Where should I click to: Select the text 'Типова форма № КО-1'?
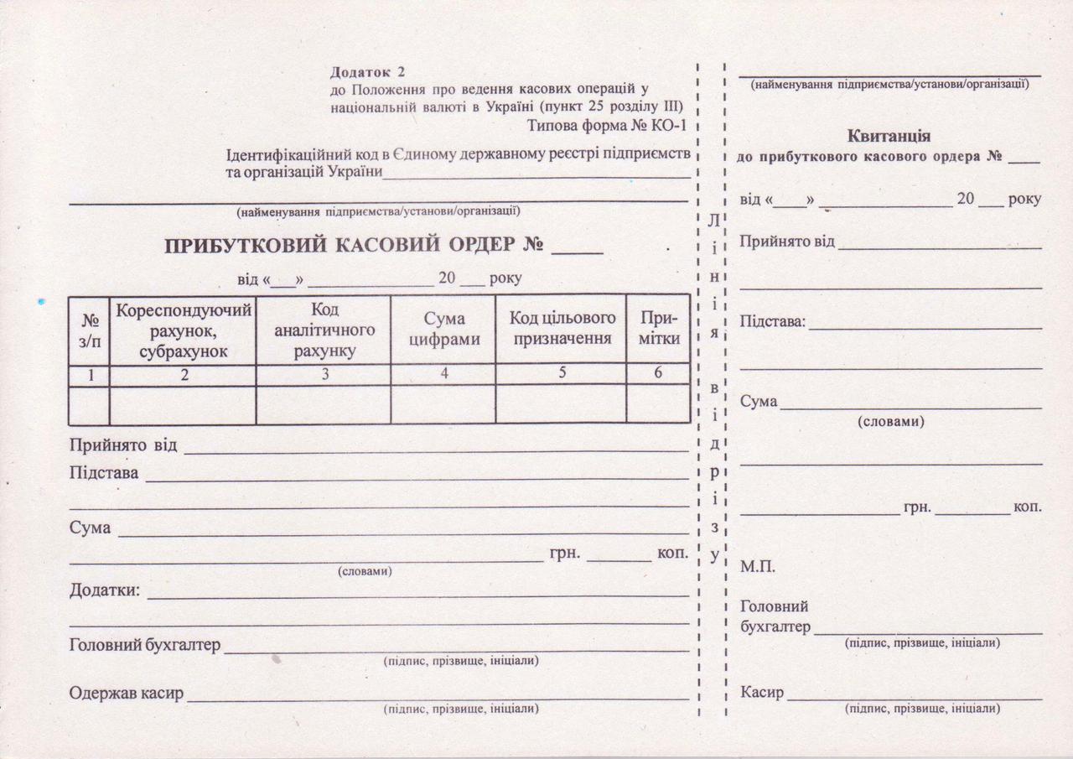click(608, 126)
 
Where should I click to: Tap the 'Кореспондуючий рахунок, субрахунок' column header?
click(184, 331)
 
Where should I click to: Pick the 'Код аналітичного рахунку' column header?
click(324, 330)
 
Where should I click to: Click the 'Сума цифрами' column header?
click(443, 329)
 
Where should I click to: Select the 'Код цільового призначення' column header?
click(562, 329)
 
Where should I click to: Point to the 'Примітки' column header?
click(658, 329)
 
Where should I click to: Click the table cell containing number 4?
click(443, 374)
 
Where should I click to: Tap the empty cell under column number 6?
click(658, 404)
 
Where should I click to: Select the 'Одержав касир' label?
click(126, 694)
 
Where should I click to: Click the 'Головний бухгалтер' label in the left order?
click(144, 645)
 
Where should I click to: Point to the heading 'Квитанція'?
click(889, 135)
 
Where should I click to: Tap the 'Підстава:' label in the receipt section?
click(772, 322)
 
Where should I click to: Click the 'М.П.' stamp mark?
click(758, 567)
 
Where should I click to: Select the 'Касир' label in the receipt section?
click(762, 693)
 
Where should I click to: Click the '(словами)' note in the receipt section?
click(890, 422)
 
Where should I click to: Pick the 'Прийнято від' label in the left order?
click(122, 444)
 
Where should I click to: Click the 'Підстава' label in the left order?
click(104, 472)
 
